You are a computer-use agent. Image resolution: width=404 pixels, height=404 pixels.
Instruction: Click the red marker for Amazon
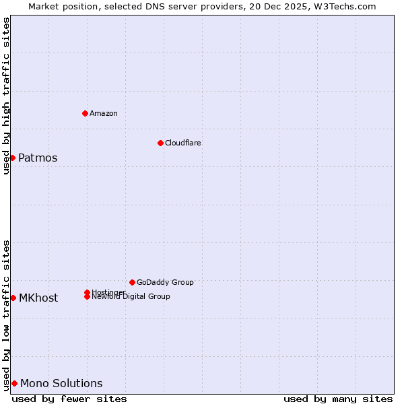point(85,113)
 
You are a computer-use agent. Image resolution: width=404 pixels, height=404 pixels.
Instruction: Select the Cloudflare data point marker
point(160,143)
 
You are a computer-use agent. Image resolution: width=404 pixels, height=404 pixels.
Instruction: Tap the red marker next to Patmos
point(12,158)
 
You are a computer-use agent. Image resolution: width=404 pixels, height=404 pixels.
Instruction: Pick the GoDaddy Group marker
point(132,282)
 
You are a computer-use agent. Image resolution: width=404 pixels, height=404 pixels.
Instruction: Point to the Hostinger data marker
point(87,292)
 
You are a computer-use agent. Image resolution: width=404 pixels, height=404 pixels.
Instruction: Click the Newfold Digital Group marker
point(87,297)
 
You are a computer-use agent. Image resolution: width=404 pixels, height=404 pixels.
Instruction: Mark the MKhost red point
point(13,298)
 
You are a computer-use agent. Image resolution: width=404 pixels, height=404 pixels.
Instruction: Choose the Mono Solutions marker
point(14,383)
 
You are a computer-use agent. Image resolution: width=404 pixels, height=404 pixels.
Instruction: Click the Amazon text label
point(104,113)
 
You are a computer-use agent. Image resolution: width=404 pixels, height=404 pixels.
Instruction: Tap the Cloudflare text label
point(183,143)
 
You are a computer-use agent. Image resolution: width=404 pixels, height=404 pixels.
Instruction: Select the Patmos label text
point(38,158)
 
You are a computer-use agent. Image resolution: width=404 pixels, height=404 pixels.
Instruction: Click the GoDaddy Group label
point(165,282)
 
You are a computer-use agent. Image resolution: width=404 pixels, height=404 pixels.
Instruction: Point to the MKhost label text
point(38,298)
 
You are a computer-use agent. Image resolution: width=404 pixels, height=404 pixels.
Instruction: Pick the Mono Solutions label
point(61,384)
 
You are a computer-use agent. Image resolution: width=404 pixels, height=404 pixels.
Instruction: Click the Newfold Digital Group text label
point(132,297)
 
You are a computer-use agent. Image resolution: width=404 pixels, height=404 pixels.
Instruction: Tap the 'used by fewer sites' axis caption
point(69,399)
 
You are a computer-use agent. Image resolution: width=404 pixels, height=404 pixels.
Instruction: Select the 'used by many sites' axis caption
point(338,399)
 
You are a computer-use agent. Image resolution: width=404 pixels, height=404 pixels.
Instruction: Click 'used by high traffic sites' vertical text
point(6,96)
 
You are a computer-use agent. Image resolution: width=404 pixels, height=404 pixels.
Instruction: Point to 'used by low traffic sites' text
point(6,315)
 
